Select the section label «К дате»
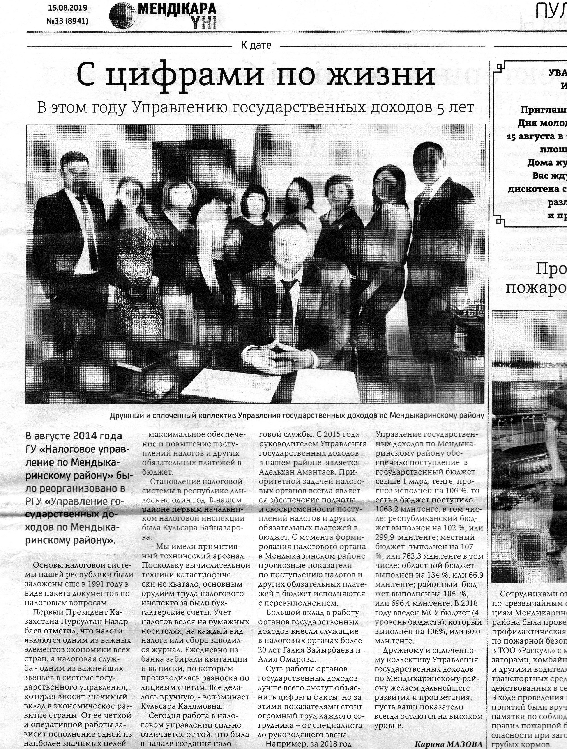(x=256, y=45)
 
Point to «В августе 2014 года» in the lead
(x=74, y=436)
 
